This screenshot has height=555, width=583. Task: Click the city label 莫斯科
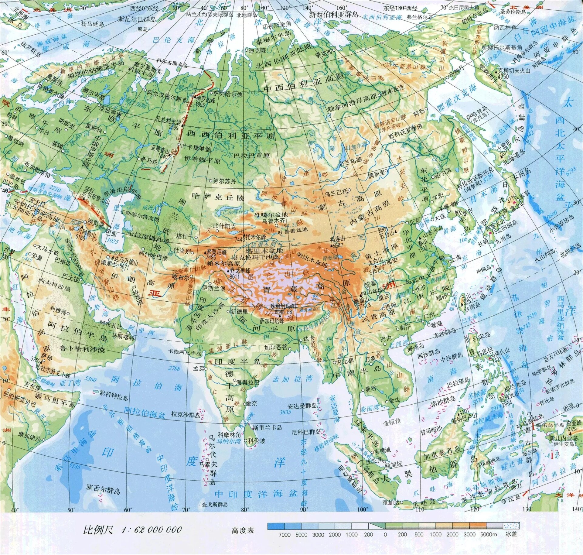pyautogui.click(x=94, y=129)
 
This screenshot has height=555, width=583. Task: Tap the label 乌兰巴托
pyautogui.click(x=336, y=192)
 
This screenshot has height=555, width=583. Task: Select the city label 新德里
pyautogui.click(x=239, y=311)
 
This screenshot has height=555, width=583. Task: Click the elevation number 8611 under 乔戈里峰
pyautogui.click(x=235, y=276)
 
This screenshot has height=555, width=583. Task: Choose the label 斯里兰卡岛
pyautogui.click(x=267, y=427)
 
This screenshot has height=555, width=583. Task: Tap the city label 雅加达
pyautogui.click(x=390, y=502)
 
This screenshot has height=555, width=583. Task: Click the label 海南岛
pyautogui.click(x=415, y=346)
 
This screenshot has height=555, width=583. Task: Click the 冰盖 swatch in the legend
pyautogui.click(x=511, y=526)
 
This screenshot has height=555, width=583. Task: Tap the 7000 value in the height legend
pyautogui.click(x=285, y=534)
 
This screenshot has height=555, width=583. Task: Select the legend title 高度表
pyautogui.click(x=243, y=530)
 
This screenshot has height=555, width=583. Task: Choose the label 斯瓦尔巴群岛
pyautogui.click(x=137, y=19)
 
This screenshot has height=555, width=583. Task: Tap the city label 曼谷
pyautogui.click(x=370, y=388)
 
